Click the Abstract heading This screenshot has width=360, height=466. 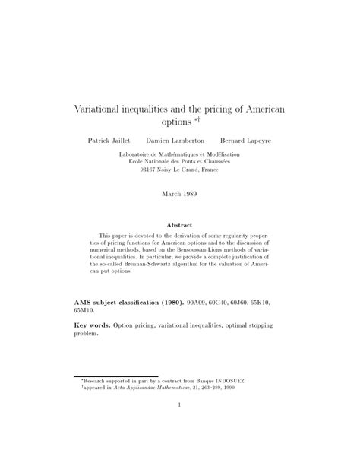(179, 225)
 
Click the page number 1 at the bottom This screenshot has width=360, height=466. (179, 426)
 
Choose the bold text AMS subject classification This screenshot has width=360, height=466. (128, 302)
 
